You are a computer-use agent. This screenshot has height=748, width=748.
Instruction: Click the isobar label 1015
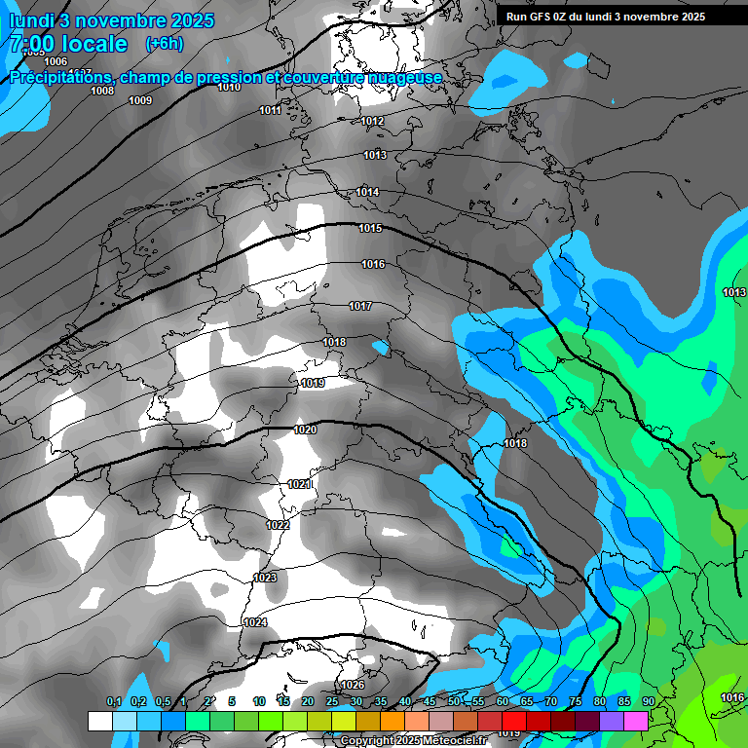[370, 229]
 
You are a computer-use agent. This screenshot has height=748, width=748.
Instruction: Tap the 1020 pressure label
[305, 430]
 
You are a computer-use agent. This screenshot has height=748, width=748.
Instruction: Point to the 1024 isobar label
[255, 622]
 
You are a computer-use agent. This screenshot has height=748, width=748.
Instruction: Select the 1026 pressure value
[353, 685]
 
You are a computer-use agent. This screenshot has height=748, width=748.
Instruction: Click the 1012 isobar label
[372, 122]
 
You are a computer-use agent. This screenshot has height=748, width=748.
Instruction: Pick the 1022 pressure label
[278, 525]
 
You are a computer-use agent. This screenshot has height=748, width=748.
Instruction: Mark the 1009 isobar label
[140, 100]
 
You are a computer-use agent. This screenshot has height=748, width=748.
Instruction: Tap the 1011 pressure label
[271, 111]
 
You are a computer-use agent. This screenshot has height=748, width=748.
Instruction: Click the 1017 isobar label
[360, 307]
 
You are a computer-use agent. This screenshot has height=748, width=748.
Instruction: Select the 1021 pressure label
[299, 484]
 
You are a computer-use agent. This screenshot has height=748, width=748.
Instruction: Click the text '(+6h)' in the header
[164, 44]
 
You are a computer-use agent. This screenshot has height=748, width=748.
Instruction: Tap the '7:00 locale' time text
[68, 44]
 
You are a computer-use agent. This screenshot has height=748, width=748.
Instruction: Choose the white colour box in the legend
[99, 721]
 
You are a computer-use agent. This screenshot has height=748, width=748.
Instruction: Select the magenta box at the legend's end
[636, 721]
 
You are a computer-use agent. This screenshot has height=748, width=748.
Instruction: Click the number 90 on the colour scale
[648, 702]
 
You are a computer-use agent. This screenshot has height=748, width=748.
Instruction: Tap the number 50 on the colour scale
[454, 702]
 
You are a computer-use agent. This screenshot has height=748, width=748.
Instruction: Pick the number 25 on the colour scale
[332, 702]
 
